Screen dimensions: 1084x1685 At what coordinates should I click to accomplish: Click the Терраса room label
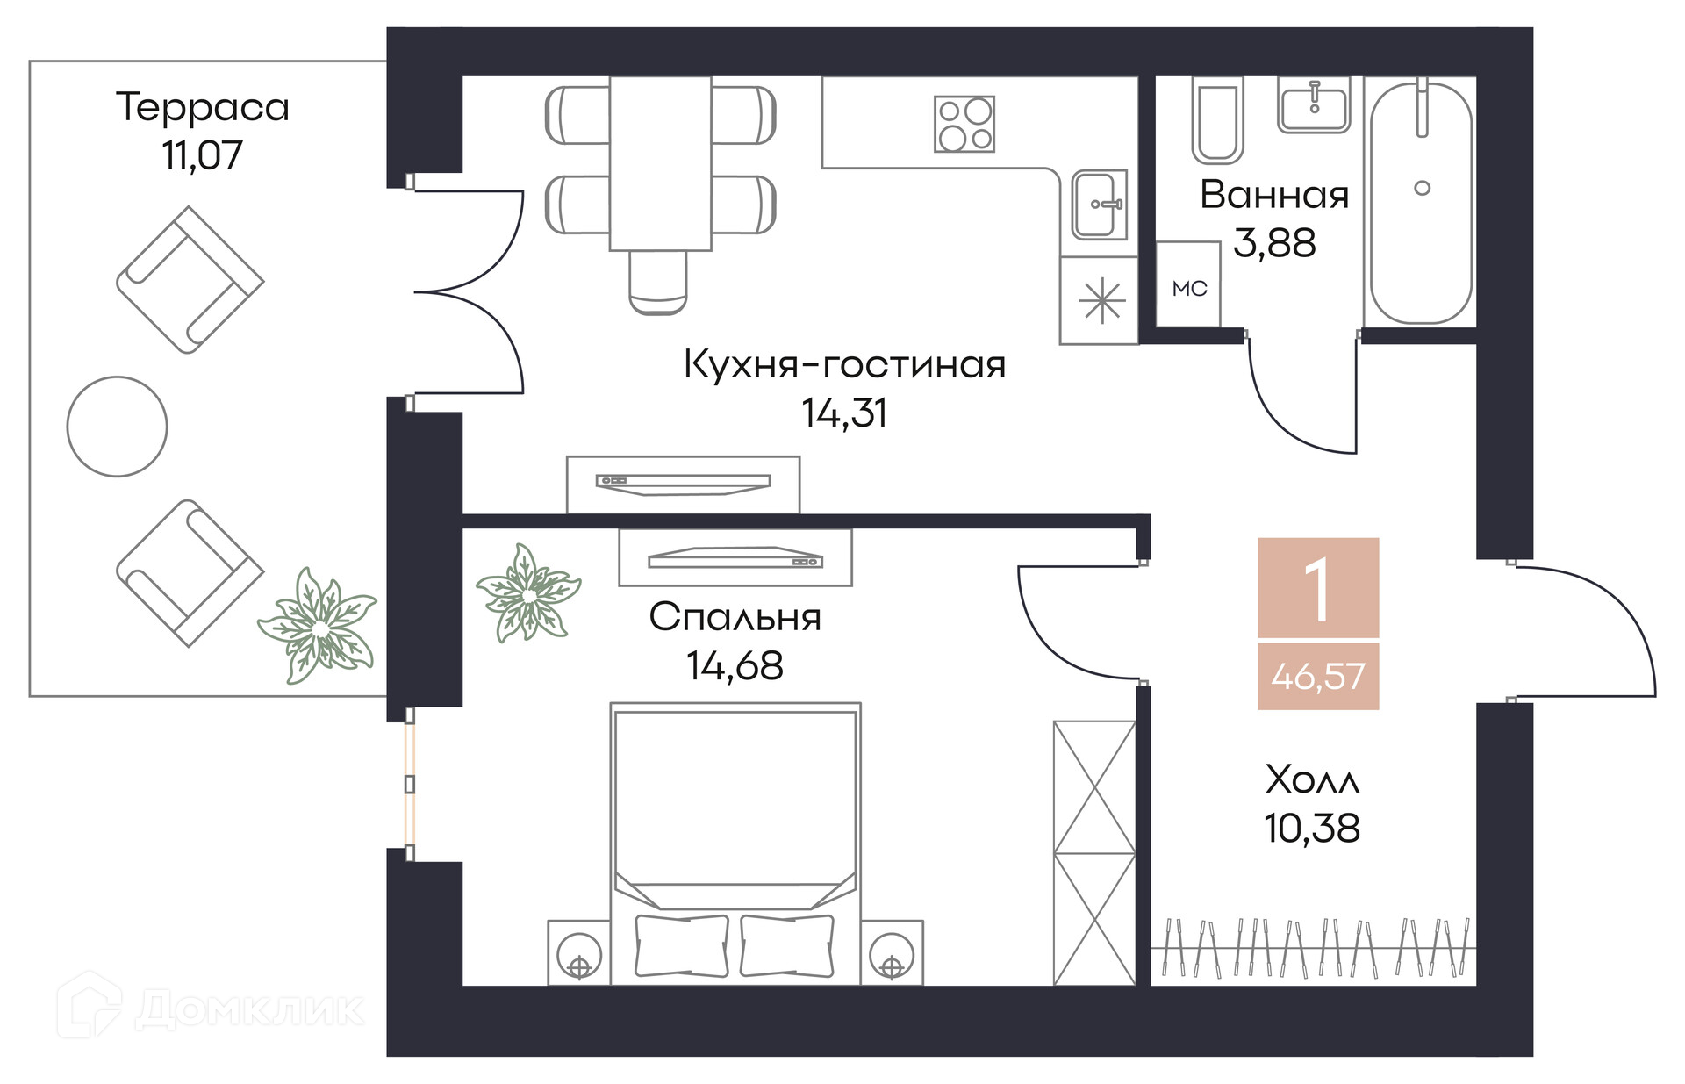(x=203, y=108)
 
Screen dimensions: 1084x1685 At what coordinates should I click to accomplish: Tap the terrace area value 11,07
(x=202, y=155)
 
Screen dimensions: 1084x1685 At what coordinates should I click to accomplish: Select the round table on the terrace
(x=117, y=427)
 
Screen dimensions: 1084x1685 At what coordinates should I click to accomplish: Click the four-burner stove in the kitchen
(x=964, y=124)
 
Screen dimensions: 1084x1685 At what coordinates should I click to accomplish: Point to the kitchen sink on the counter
(x=1099, y=205)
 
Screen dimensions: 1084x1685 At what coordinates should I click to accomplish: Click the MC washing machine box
(x=1188, y=288)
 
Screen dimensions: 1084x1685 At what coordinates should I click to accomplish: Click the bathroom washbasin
(x=1313, y=106)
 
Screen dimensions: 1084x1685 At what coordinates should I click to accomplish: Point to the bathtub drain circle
(x=1422, y=188)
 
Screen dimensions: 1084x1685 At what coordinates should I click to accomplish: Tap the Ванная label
(x=1274, y=195)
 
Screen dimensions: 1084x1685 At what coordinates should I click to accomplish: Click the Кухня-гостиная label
(x=844, y=364)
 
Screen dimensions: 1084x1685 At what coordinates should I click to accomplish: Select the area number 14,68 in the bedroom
(x=735, y=666)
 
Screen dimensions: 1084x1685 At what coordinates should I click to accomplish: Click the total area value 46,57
(x=1318, y=677)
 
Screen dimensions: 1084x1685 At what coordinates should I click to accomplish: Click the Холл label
(x=1312, y=779)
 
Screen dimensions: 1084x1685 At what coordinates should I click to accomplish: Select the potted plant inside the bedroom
(x=527, y=594)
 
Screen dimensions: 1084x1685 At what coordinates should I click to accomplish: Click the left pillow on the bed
(x=682, y=946)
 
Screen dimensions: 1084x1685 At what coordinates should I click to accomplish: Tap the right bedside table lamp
(x=892, y=953)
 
